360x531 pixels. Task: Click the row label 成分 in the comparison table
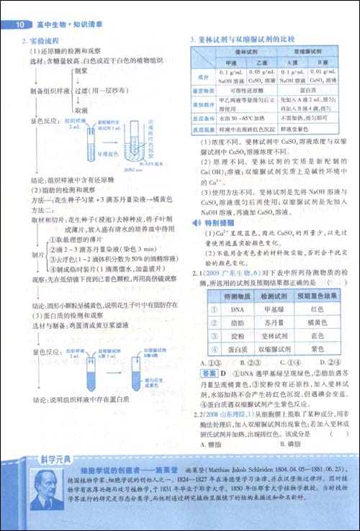202,76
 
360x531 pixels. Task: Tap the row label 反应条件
202,117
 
